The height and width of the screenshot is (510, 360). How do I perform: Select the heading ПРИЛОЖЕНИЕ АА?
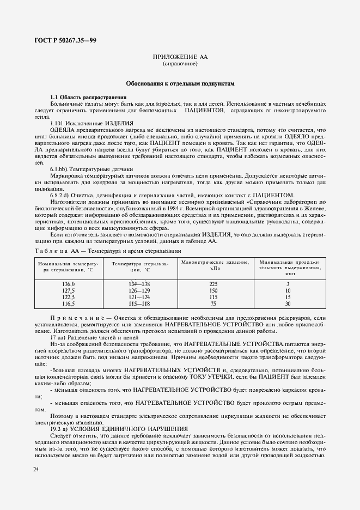pos(180,57)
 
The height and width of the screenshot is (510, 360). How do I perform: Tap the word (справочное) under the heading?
pos(180,64)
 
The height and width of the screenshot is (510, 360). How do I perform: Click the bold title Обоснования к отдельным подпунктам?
pos(180,84)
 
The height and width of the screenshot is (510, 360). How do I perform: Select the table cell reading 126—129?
pos(140,291)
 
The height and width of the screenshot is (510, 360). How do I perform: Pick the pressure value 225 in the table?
pos(213,284)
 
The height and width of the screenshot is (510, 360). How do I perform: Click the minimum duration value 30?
pos(288,303)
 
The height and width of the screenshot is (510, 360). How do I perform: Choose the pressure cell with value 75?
pos(213,303)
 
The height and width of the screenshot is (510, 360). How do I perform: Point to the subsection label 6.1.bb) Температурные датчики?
pos(91,169)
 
